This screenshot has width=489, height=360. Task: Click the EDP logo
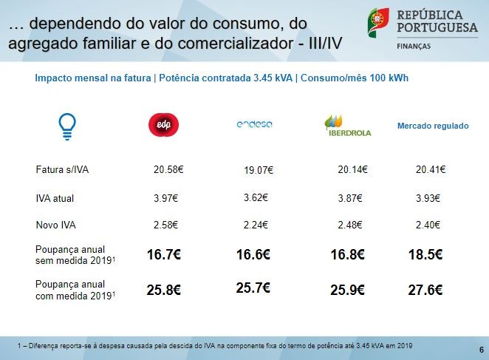164,126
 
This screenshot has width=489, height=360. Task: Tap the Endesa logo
255,124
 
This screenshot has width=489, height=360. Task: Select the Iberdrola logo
347,126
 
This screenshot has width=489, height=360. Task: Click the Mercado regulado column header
433,126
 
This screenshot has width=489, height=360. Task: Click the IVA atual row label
55,198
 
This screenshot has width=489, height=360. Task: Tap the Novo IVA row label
56,225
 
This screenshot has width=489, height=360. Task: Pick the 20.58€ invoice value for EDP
168,170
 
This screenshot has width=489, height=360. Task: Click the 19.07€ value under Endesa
259,171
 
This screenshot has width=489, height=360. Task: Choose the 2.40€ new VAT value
428,225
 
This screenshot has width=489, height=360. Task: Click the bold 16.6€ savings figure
253,255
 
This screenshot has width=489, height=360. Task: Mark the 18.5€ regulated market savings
425,255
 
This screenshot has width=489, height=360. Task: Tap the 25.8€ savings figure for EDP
164,290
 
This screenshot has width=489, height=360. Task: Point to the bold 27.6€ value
425,290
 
